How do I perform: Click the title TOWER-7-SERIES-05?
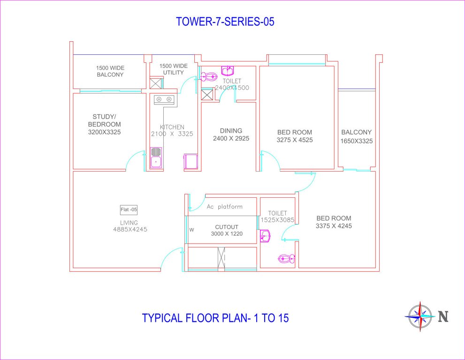[225, 22]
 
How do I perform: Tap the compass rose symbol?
[419, 317]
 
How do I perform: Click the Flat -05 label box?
[129, 210]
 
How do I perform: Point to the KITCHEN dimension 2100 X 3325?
[172, 134]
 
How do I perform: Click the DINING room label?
[231, 131]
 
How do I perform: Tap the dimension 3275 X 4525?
[295, 140]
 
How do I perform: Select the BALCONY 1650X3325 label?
[357, 136]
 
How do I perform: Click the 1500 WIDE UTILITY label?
[173, 69]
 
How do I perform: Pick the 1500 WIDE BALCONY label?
[110, 71]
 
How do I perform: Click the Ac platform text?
[225, 207]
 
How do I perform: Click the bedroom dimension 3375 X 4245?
[334, 226]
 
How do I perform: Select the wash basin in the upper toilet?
[228, 71]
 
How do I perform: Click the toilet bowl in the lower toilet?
[286, 258]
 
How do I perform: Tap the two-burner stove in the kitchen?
[164, 99]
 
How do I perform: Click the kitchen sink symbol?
[156, 158]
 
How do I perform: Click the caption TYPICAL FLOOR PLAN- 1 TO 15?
[215, 318]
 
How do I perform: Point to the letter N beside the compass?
[443, 317]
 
